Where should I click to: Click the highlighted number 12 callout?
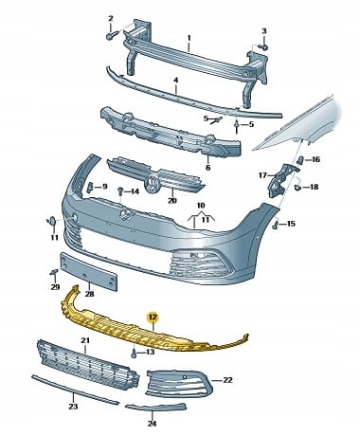(154, 318)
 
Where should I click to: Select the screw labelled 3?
(263, 47)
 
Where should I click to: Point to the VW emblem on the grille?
(152, 184)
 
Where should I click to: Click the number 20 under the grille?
(172, 200)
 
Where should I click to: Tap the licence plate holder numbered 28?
(89, 271)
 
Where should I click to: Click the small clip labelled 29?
(54, 272)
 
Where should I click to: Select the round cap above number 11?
(51, 220)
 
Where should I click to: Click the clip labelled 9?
(90, 187)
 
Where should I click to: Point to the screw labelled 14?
(120, 191)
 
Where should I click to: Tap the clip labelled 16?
(301, 160)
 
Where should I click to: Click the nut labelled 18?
(297, 188)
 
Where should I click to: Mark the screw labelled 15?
(276, 225)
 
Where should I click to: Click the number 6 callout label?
(207, 168)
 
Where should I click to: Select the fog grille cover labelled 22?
(179, 382)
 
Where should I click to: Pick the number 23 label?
(73, 407)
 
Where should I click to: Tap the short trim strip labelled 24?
(155, 408)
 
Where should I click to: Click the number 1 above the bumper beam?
(189, 38)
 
